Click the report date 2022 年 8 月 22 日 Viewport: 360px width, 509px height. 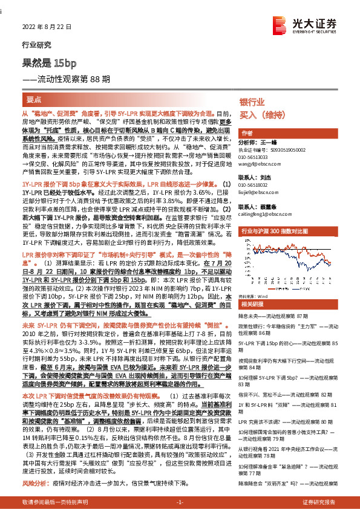pyautogui.click(x=42, y=27)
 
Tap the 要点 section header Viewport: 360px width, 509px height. pyautogui.click(x=34, y=99)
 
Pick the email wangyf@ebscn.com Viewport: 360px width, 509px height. pyautogui.click(x=258, y=161)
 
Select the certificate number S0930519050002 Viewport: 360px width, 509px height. pyautogui.click(x=281, y=149)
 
